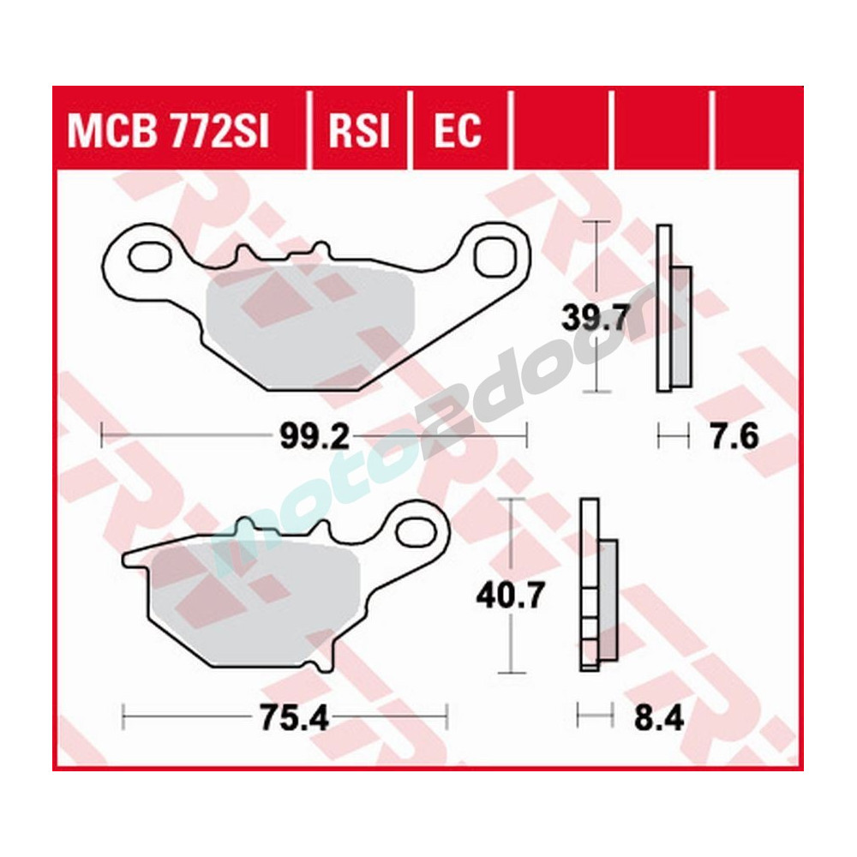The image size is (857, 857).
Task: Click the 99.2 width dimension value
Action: click(314, 437)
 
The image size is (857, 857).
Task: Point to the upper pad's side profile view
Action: click(673, 309)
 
